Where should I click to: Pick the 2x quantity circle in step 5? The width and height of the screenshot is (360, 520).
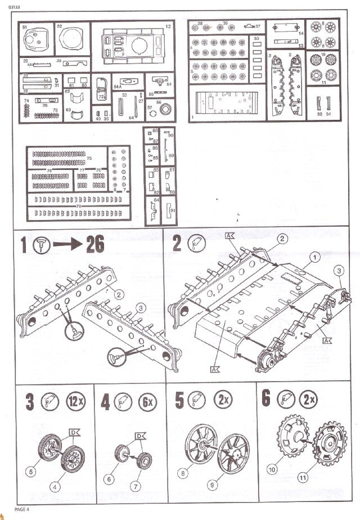click(223, 402)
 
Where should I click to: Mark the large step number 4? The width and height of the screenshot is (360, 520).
click(105, 402)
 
